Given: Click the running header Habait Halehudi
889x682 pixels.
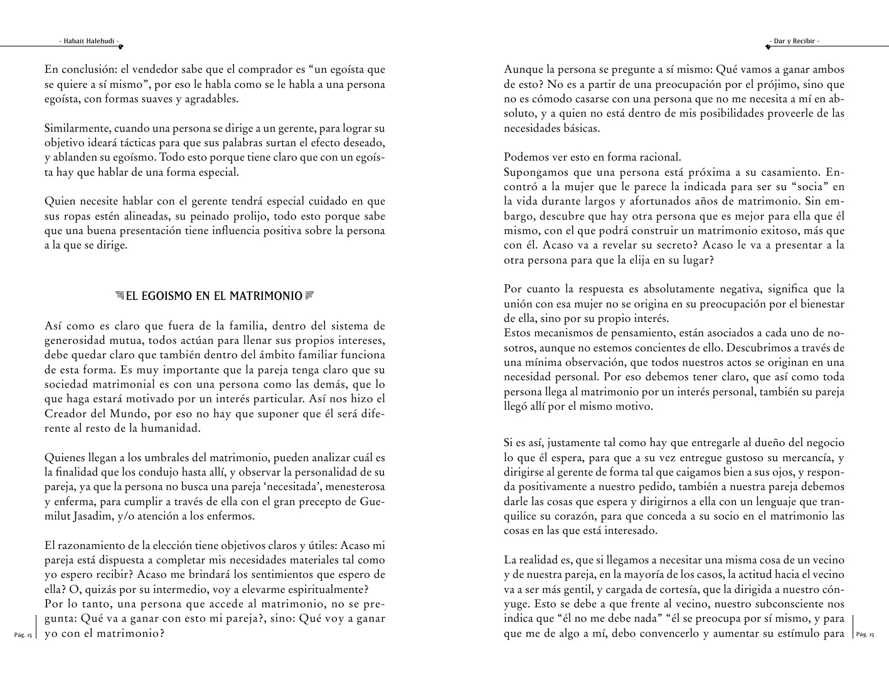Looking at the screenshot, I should pyautogui.click(x=88, y=41).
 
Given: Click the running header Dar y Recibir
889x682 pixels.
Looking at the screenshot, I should pyautogui.click(x=794, y=41).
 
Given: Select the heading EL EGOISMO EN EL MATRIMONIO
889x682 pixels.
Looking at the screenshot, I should pyautogui.click(x=214, y=296).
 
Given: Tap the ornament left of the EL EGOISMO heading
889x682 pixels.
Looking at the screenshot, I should pyautogui.click(x=120, y=296).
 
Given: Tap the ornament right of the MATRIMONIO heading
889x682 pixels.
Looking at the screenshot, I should pyautogui.click(x=309, y=296).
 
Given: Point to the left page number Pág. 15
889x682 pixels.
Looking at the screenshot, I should pyautogui.click(x=23, y=635).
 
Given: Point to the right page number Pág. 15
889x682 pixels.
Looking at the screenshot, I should pyautogui.click(x=865, y=635).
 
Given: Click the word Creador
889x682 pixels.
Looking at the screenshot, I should pyautogui.click(x=65, y=413).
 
